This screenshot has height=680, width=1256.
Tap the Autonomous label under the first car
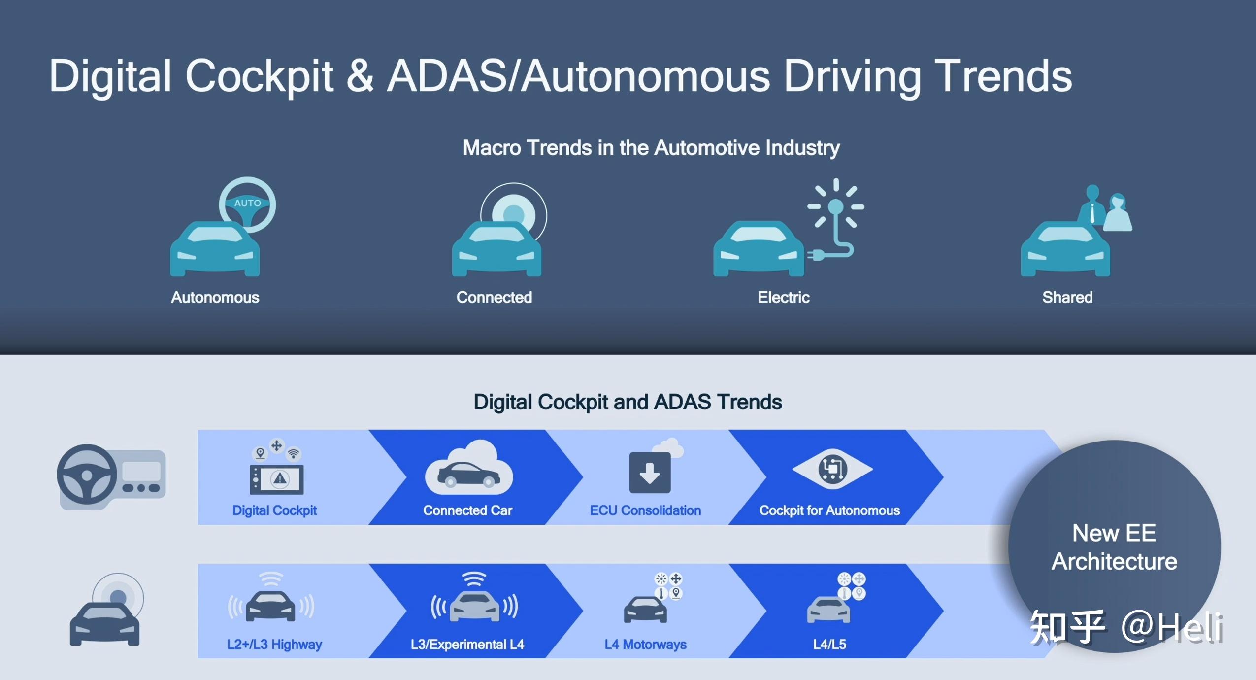pyautogui.click(x=215, y=297)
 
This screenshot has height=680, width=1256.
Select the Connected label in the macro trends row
pyautogui.click(x=494, y=297)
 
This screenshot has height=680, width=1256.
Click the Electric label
pyautogui.click(x=783, y=297)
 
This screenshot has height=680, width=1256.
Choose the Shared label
pyautogui.click(x=1067, y=297)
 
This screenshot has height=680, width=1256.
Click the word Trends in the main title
pyautogui.click(x=1003, y=76)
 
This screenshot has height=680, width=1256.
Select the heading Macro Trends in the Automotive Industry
pyautogui.click(x=651, y=148)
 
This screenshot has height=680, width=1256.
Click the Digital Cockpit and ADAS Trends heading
pyautogui.click(x=628, y=402)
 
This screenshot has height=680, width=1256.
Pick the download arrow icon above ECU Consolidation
pyautogui.click(x=650, y=473)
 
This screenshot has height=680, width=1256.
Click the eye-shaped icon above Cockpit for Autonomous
pyautogui.click(x=832, y=469)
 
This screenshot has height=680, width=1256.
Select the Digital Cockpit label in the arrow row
pyautogui.click(x=274, y=510)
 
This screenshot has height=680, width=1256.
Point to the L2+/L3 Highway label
pyautogui.click(x=274, y=645)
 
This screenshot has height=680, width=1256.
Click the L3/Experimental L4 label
pyautogui.click(x=467, y=645)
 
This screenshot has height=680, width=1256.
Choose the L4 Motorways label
pyautogui.click(x=645, y=645)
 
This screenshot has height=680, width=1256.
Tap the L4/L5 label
pyautogui.click(x=829, y=645)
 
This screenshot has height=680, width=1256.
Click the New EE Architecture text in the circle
pyautogui.click(x=1114, y=547)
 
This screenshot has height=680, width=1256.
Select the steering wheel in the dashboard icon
pyautogui.click(x=87, y=475)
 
